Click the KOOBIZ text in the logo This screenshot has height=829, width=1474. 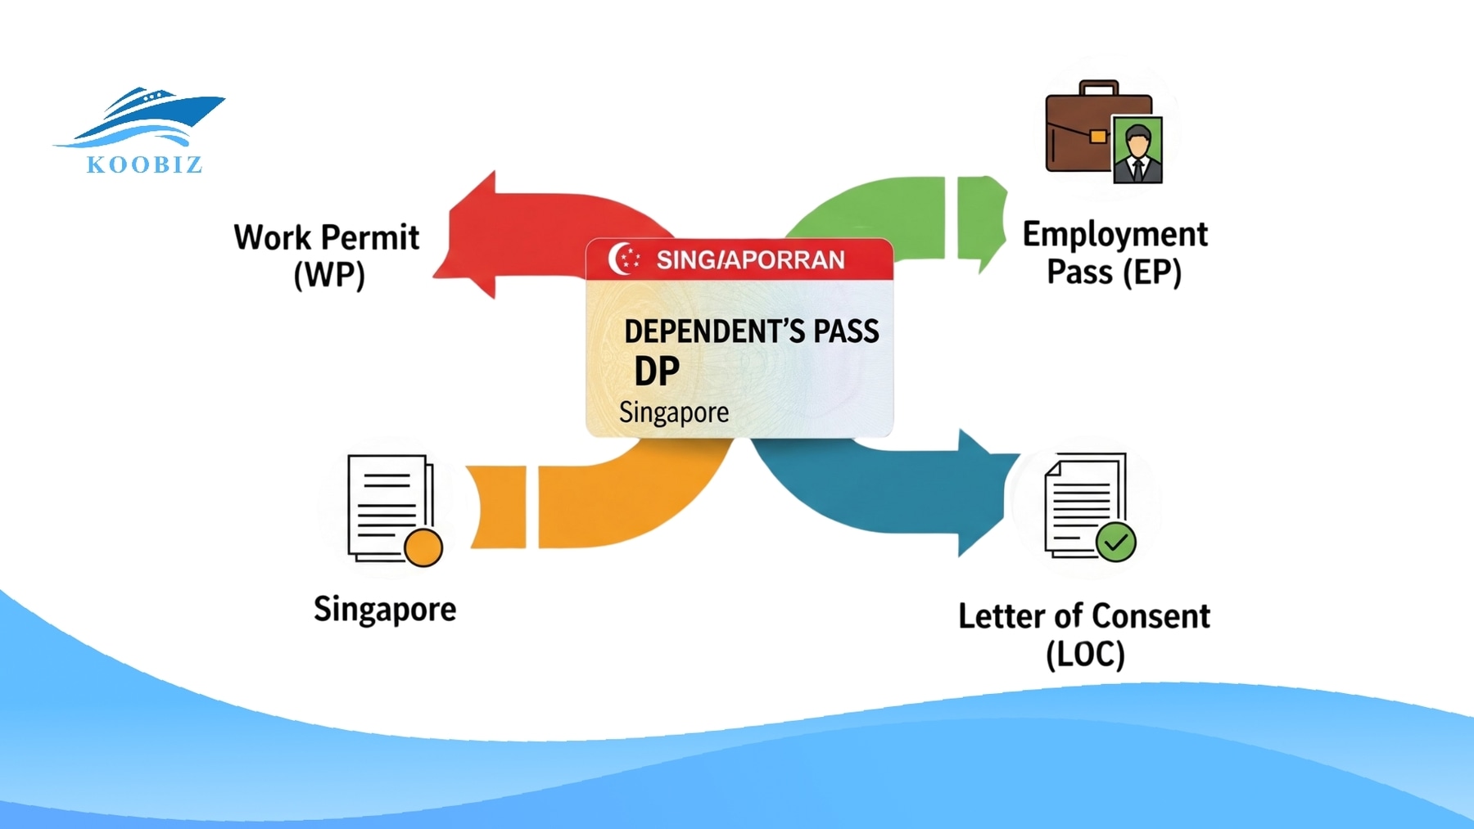[x=144, y=164]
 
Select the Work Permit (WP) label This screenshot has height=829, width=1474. [x=327, y=255]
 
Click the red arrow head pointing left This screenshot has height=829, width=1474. [x=471, y=237]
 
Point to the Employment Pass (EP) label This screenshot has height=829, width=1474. [x=1115, y=253]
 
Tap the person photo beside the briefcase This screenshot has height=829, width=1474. [x=1137, y=149]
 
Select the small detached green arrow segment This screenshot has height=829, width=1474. [x=980, y=221]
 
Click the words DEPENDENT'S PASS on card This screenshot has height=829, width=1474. [x=751, y=331]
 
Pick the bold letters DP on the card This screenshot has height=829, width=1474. [x=657, y=372]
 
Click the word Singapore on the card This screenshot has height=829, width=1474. [x=673, y=412]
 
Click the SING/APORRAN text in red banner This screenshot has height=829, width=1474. [x=750, y=260]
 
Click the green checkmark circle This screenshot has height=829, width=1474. [x=1115, y=542]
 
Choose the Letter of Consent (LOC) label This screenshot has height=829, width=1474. [x=1084, y=634]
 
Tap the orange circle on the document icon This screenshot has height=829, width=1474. [x=423, y=547]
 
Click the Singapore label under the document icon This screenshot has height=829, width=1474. [x=385, y=610]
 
